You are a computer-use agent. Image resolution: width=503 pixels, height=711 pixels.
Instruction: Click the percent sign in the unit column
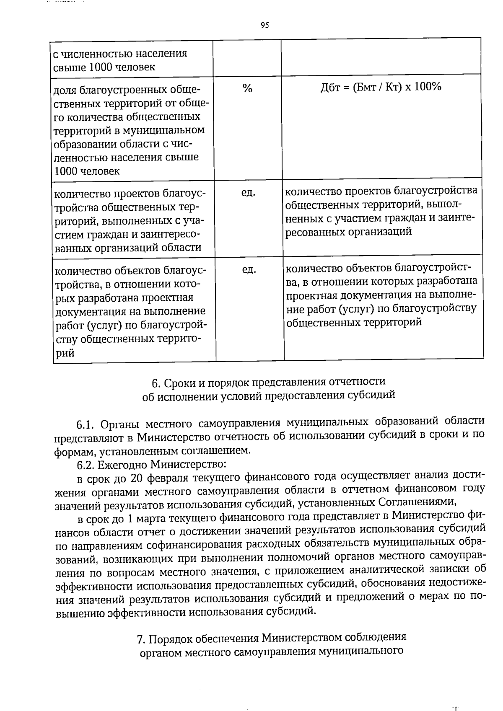(x=247, y=89)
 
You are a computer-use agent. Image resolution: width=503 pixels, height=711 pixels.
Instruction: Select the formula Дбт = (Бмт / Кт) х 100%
(x=381, y=87)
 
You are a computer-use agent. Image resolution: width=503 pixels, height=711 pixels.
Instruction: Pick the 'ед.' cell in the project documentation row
(x=249, y=270)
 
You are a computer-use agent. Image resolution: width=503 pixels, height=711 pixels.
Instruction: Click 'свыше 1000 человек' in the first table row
(x=104, y=67)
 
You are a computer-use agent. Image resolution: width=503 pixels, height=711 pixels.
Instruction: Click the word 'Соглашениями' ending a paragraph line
(x=417, y=502)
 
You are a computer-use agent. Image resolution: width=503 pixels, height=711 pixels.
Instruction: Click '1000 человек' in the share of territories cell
(x=87, y=171)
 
